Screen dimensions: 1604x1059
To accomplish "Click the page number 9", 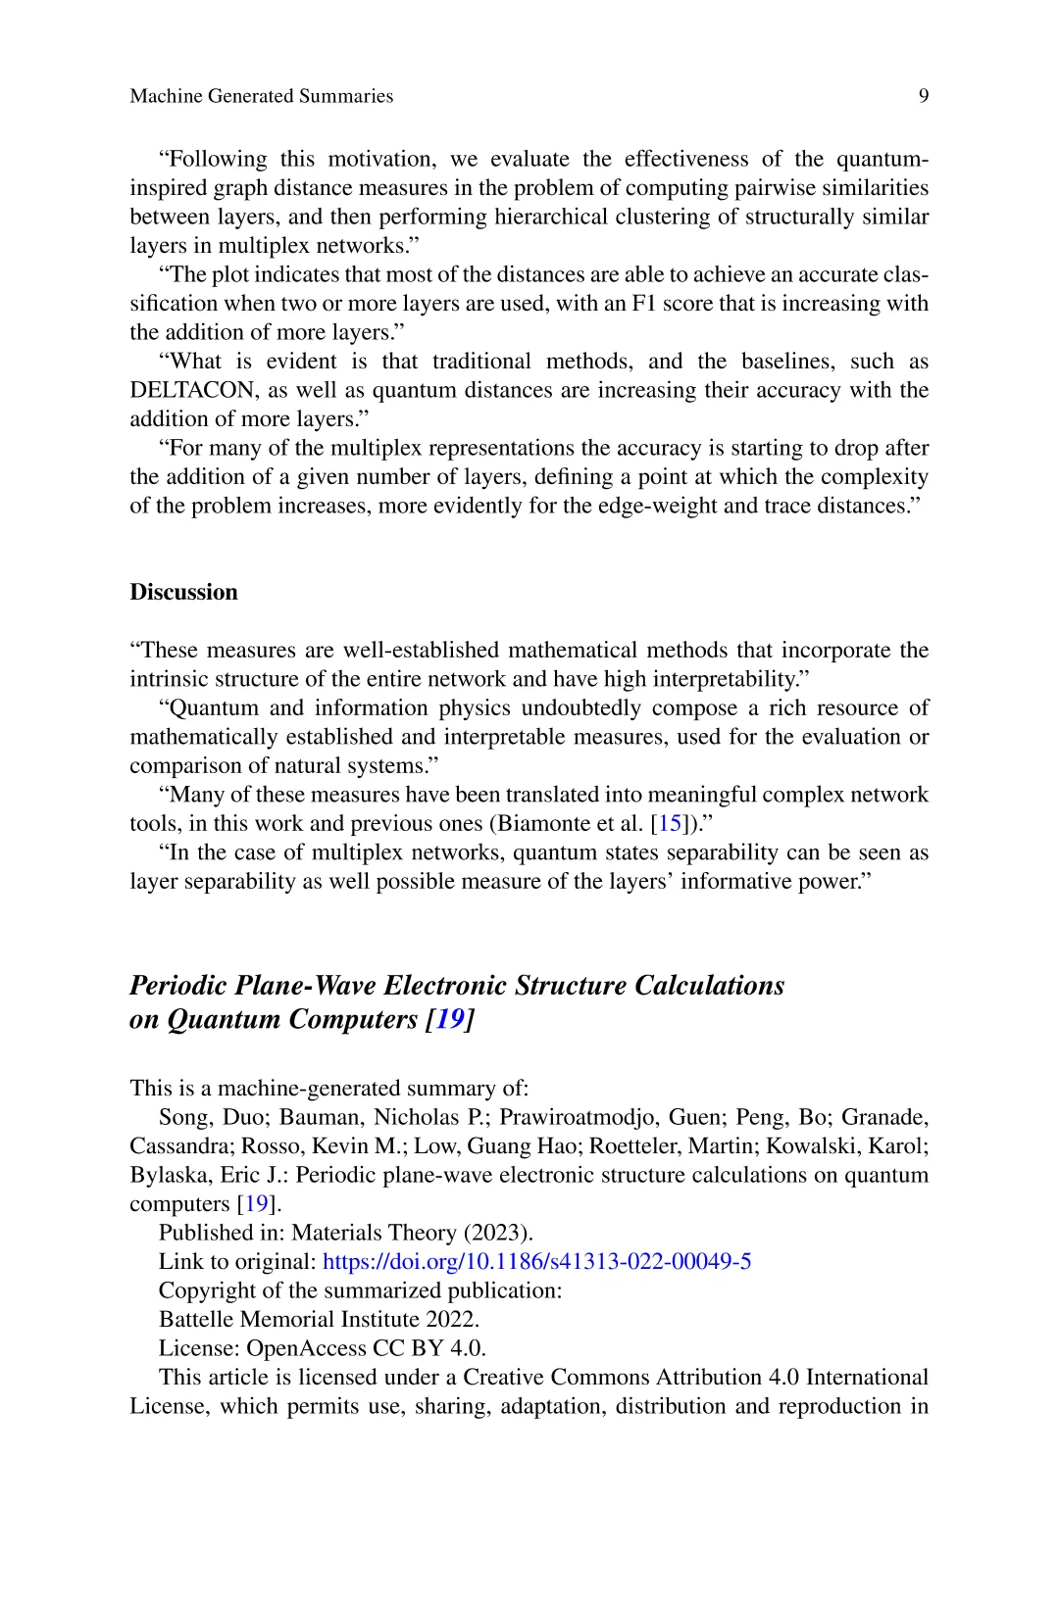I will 924,96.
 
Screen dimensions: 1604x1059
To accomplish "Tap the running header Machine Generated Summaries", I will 261,96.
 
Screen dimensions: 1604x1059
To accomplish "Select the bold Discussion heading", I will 183,592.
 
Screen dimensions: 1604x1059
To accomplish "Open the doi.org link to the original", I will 536,1261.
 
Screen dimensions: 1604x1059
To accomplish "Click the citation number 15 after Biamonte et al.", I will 670,823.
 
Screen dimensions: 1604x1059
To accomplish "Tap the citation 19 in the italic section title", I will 449,1019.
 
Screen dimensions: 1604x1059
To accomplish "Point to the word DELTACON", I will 192,390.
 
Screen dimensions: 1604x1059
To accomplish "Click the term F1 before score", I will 643,303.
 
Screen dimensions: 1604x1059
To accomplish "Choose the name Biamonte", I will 543,823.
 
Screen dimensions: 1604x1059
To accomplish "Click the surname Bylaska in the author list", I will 172,1175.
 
